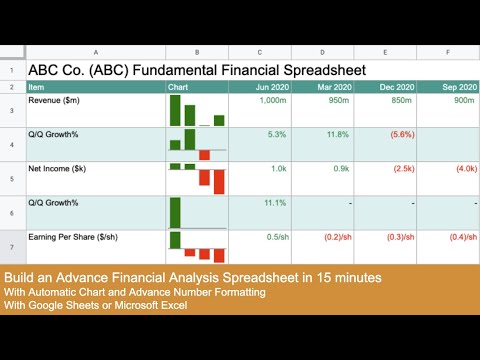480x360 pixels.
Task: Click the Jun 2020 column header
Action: (x=271, y=87)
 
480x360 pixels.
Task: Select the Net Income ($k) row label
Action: (x=60, y=169)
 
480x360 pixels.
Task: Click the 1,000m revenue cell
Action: (x=272, y=100)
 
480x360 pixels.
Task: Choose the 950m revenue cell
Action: (x=338, y=100)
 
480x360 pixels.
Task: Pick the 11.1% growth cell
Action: (x=274, y=203)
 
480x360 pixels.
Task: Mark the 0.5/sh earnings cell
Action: (x=272, y=237)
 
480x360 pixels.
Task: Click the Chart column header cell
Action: (x=180, y=87)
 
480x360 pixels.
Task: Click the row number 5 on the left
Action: (x=11, y=178)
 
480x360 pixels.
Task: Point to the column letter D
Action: (x=322, y=52)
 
